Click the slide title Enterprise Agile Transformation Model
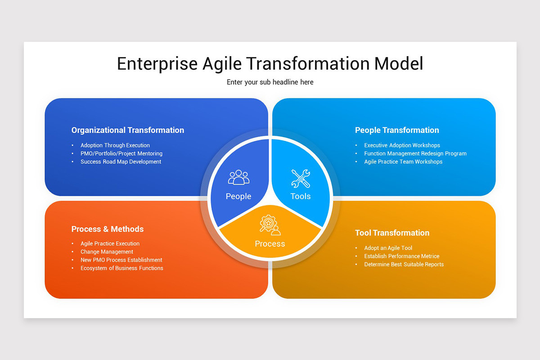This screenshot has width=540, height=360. [x=270, y=63]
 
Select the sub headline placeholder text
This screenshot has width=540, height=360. [x=270, y=82]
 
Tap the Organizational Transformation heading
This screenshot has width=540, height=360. [x=128, y=130]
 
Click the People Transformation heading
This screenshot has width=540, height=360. [x=397, y=130]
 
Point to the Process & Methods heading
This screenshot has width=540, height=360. [x=108, y=229]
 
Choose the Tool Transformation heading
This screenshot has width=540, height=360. [x=392, y=233]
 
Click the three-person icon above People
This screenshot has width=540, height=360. [x=238, y=177]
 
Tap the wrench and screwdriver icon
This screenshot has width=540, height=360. [x=300, y=178]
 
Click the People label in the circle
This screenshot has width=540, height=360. [x=238, y=196]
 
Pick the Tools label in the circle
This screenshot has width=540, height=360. [x=300, y=196]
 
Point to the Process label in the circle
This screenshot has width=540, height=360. [x=270, y=244]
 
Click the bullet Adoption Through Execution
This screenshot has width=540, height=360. [x=115, y=145]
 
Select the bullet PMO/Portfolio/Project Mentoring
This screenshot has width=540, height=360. [x=121, y=153]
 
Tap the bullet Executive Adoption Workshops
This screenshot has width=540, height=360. [x=402, y=145]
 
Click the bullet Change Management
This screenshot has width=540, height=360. [x=107, y=252]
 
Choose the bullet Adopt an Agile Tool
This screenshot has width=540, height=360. [x=388, y=248]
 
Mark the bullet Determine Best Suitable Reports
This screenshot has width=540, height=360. [x=404, y=264]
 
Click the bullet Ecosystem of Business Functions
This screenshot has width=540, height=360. [x=122, y=268]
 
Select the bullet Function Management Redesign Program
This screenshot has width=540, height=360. [x=415, y=153]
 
